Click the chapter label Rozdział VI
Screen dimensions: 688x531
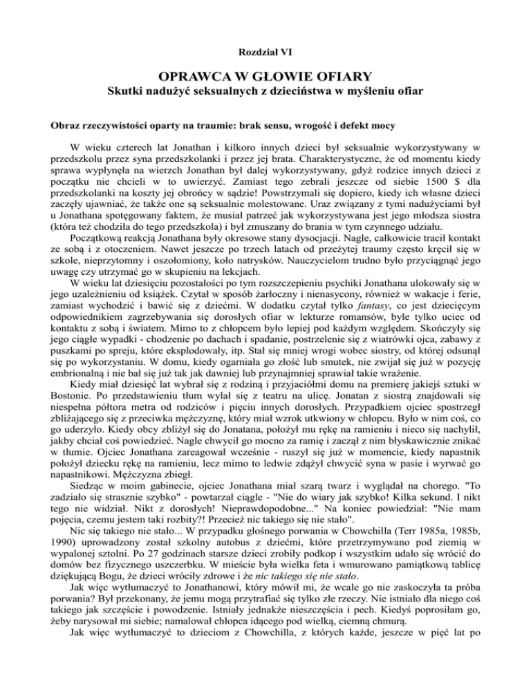pyautogui.click(x=265, y=51)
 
